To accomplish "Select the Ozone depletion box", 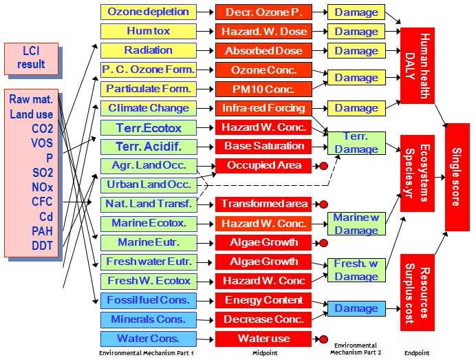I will [x=148, y=12].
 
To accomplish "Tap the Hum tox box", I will [x=148, y=31].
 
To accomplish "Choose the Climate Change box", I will [x=148, y=108].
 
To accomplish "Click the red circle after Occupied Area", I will [x=323, y=166].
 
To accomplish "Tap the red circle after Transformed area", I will [x=323, y=204].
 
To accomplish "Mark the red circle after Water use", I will [x=323, y=339].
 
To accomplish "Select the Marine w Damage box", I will [x=356, y=224].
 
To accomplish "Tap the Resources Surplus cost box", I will [x=418, y=293].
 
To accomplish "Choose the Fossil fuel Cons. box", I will [x=148, y=300].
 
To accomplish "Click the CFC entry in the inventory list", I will [x=32, y=201].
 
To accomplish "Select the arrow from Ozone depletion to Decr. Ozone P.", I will [x=206, y=12].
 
